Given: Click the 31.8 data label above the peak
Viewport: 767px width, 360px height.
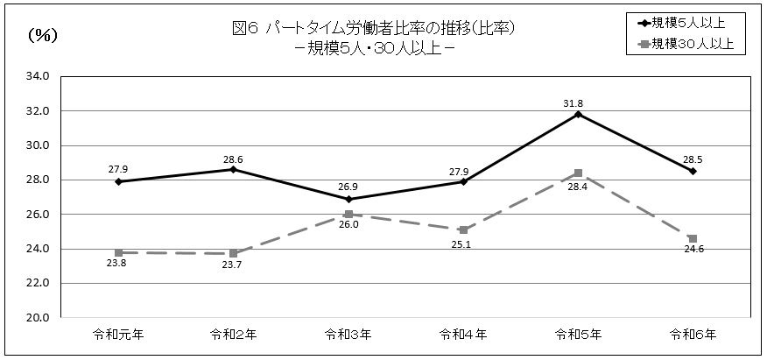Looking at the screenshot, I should point(573,103).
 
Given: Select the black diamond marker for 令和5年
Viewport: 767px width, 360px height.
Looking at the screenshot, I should point(578,115).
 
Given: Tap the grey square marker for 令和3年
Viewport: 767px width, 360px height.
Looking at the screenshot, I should point(348,215).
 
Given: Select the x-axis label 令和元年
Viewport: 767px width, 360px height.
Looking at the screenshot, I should point(118,334).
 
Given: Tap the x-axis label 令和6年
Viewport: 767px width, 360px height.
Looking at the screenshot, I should point(693,334).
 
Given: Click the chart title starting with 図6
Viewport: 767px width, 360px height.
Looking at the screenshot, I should point(372,28).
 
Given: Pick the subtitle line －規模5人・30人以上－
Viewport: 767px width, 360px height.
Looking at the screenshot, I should point(373,47).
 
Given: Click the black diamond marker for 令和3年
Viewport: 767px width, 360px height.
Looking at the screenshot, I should point(348,200).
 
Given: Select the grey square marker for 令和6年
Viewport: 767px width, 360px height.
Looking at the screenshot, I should point(693,238).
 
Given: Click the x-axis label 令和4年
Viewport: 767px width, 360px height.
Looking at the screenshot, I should point(463,334).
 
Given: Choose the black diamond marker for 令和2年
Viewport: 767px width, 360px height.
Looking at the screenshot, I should point(233,170).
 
